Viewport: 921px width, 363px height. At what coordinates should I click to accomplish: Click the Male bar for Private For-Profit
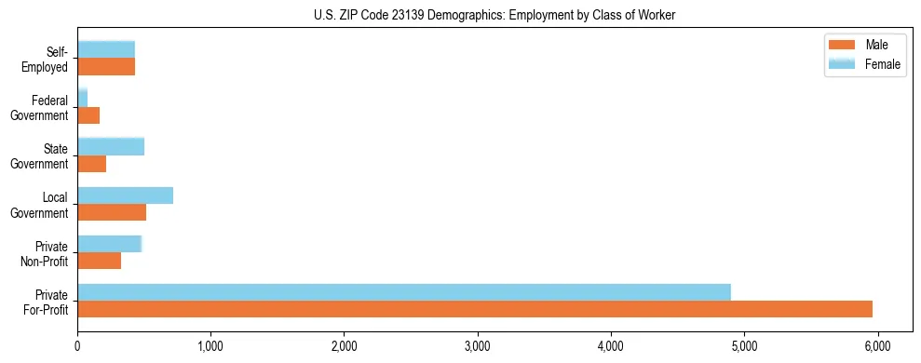click(x=475, y=309)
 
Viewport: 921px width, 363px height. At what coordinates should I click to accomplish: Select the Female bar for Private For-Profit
click(x=404, y=292)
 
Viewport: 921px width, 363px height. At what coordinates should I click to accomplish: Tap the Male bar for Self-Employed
click(x=106, y=67)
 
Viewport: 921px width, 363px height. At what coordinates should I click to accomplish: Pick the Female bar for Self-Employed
click(x=106, y=49)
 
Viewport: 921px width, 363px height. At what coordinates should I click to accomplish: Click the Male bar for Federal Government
click(x=88, y=115)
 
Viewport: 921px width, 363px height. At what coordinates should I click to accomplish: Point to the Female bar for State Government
click(x=111, y=146)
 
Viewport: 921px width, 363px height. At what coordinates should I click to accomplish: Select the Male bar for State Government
click(x=92, y=164)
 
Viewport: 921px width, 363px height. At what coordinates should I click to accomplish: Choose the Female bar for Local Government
click(x=125, y=195)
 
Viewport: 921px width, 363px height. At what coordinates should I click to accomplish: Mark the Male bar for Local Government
click(x=112, y=212)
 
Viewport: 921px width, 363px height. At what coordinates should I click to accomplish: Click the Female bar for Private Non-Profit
click(x=109, y=244)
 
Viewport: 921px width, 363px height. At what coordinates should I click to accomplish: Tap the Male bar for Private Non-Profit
click(x=100, y=261)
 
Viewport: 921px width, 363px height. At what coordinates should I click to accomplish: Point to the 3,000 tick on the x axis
click(x=478, y=344)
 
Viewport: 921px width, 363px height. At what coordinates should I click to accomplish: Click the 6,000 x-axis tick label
click(x=877, y=344)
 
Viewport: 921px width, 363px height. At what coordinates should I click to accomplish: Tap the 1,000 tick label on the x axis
click(x=211, y=344)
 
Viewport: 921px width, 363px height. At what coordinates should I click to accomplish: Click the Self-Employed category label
click(x=47, y=60)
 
